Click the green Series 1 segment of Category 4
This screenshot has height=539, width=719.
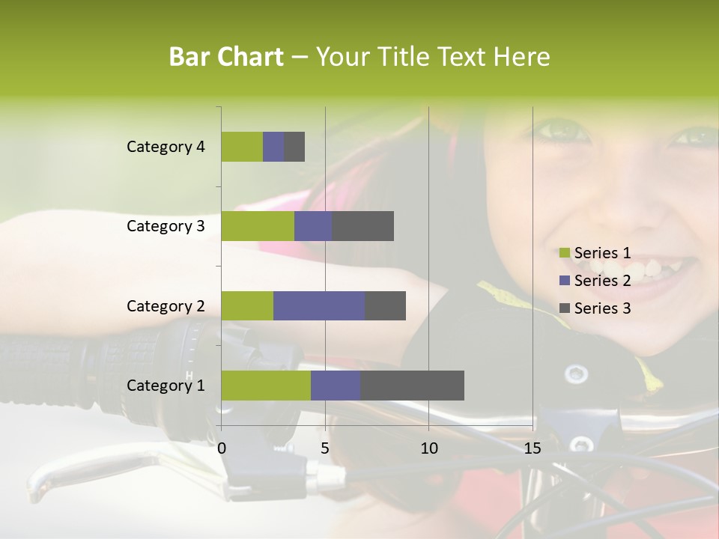242,147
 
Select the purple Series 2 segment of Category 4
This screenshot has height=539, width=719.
273,147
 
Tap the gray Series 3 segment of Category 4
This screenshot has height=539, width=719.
294,147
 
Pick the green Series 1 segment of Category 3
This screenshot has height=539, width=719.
258,226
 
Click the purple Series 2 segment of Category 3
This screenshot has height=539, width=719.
313,226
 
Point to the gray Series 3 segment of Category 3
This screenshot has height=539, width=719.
363,226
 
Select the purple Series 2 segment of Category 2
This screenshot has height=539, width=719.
319,305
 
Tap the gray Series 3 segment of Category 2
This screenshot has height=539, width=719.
385,305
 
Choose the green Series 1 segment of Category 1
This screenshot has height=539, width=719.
266,385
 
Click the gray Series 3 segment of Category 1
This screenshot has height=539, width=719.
412,385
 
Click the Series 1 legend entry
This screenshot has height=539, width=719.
595,253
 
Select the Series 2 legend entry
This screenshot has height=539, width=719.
595,281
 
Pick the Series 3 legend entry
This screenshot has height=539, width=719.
595,308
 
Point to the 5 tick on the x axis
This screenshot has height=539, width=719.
325,448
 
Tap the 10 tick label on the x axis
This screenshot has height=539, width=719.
428,448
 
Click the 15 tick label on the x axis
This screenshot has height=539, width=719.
533,448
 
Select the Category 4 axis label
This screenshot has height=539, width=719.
166,147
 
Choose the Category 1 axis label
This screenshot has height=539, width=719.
166,386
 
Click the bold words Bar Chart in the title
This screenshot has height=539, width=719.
226,57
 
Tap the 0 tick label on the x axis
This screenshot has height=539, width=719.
222,448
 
